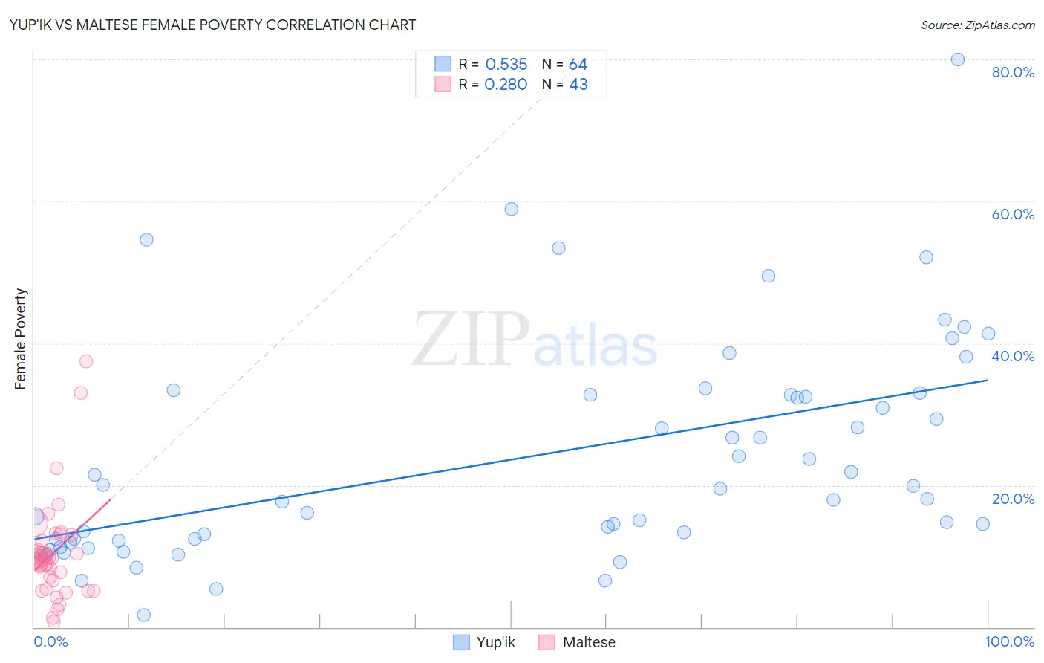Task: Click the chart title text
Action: pyautogui.click(x=212, y=25)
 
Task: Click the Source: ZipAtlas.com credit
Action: pyautogui.click(x=977, y=25)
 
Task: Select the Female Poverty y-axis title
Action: pyautogui.click(x=21, y=339)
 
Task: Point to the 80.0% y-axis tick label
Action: pyautogui.click(x=1013, y=72)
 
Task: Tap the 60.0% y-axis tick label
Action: pyautogui.click(x=1013, y=214)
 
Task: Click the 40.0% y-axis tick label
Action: pyautogui.click(x=1013, y=356)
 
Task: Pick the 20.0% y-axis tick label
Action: pyautogui.click(x=1013, y=499)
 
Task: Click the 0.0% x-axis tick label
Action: pyautogui.click(x=51, y=641)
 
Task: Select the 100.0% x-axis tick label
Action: pyautogui.click(x=1009, y=641)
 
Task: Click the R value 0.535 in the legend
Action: pyautogui.click(x=506, y=65)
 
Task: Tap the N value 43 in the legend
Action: pyautogui.click(x=578, y=85)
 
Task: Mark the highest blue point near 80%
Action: pyautogui.click(x=958, y=59)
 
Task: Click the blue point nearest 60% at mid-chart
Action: pyautogui.click(x=512, y=209)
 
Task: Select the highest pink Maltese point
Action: pyautogui.click(x=86, y=361)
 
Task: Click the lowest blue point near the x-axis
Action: pyautogui.click(x=144, y=615)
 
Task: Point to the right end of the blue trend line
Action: pyautogui.click(x=988, y=380)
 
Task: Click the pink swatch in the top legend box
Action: pyautogui.click(x=443, y=84)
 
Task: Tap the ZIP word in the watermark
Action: pyautogui.click(x=471, y=340)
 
